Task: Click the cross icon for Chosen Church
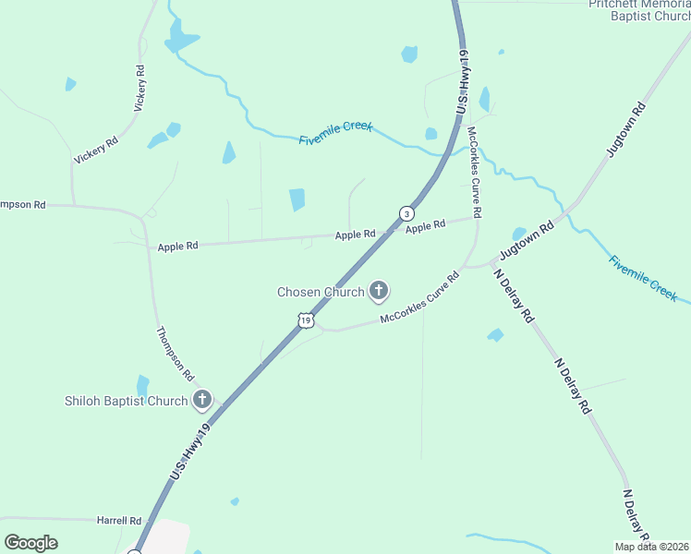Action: (378, 292)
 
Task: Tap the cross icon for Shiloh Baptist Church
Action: (202, 401)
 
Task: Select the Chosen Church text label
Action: (321, 293)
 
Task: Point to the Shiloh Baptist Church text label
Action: (127, 401)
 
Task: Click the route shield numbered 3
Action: (406, 213)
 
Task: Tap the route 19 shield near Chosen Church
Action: (307, 319)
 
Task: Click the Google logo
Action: (30, 543)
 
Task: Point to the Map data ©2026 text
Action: (651, 546)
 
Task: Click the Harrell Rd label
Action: (118, 521)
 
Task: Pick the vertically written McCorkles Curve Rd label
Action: (474, 173)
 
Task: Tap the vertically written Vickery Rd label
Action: (140, 89)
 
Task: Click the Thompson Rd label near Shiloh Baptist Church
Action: (174, 355)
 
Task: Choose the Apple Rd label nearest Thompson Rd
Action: (177, 247)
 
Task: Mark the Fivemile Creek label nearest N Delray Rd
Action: (643, 278)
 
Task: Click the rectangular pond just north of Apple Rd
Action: (297, 199)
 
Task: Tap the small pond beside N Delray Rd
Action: (496, 334)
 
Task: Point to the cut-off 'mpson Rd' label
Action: (22, 204)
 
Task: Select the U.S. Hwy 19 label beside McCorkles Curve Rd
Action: (460, 81)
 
